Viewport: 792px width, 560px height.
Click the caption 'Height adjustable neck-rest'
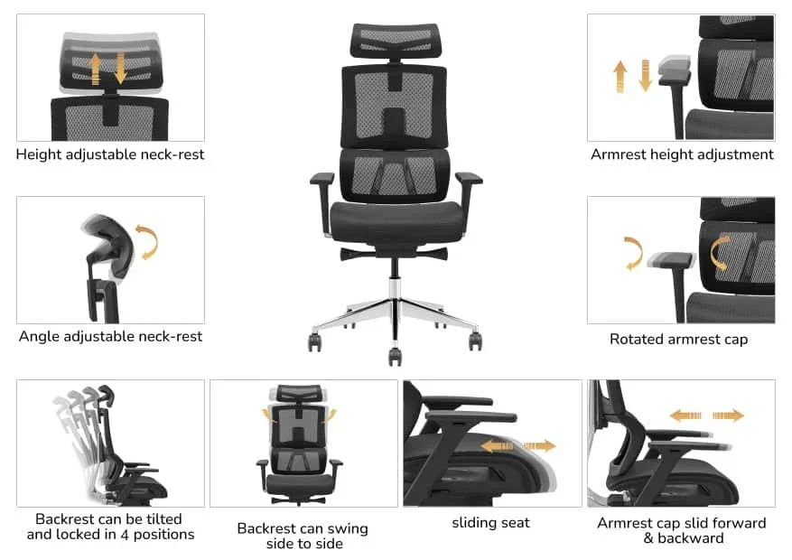click(x=110, y=154)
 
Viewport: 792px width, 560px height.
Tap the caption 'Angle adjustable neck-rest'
click(x=110, y=337)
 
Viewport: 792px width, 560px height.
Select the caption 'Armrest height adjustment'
click(x=682, y=154)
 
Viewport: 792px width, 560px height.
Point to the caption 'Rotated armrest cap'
click(x=678, y=340)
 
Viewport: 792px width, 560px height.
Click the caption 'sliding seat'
click(x=490, y=523)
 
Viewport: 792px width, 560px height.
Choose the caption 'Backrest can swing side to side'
click(x=303, y=536)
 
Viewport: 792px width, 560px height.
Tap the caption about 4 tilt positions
click(x=110, y=527)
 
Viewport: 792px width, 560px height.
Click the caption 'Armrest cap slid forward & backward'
click(x=682, y=531)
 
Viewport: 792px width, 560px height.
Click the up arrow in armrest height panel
click(x=620, y=77)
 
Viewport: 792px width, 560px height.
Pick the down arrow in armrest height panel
click(x=645, y=74)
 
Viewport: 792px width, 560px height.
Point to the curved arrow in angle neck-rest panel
click(x=145, y=242)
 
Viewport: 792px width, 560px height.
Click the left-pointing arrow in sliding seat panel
click(x=496, y=445)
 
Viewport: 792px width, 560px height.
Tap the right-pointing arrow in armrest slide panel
click(x=728, y=415)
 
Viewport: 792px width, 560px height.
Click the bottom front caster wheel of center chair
click(x=396, y=356)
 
